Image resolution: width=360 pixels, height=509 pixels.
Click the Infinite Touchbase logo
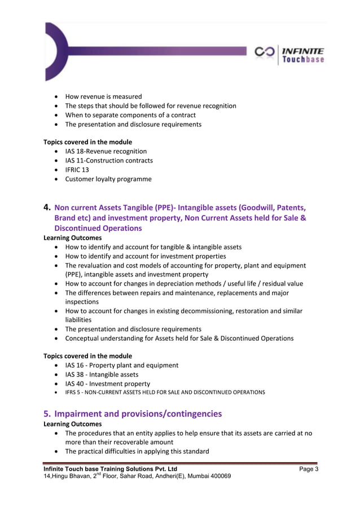[x=289, y=55]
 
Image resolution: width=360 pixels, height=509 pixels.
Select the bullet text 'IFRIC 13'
[x=77, y=170]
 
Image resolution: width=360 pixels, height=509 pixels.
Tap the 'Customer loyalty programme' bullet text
[x=108, y=179]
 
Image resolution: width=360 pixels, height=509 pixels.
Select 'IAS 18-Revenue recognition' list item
[x=106, y=151]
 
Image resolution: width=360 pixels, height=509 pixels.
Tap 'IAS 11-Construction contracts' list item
[x=109, y=161]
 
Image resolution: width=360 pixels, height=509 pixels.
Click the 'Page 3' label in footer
[x=309, y=469]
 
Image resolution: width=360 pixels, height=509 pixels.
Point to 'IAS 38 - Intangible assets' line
[x=102, y=375]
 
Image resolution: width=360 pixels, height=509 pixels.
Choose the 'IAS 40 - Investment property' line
[x=107, y=384]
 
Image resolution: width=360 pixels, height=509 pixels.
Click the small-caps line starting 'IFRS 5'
[x=165, y=393]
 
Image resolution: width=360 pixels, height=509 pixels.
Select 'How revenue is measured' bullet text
[x=103, y=96]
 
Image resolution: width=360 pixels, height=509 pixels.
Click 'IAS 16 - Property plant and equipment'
[x=121, y=365]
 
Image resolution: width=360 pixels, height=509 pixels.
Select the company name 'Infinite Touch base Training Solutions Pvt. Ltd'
[x=111, y=469]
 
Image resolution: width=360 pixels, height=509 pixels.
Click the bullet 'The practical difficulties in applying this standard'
[x=137, y=451]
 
